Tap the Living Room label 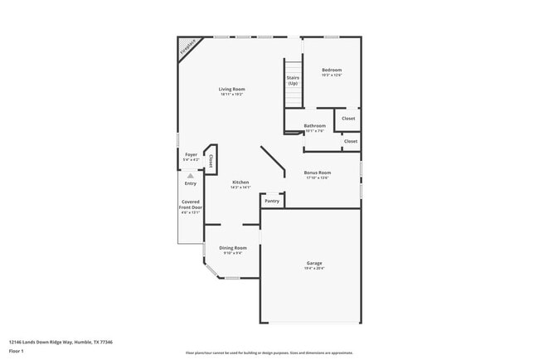tap(232, 89)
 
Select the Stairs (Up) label tap(293, 81)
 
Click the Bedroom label tap(332, 70)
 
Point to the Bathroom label tap(315, 126)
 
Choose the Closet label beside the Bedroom tap(348, 119)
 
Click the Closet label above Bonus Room tap(351, 141)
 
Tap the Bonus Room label tap(318, 173)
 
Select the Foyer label tap(191, 154)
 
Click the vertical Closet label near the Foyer tap(211, 160)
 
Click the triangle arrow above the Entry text tap(191, 176)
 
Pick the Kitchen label tap(240, 182)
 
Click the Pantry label tap(272, 201)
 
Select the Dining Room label tap(233, 248)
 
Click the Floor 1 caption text tap(17, 352)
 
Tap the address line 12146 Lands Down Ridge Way tap(61, 342)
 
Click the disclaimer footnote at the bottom tap(269, 353)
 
